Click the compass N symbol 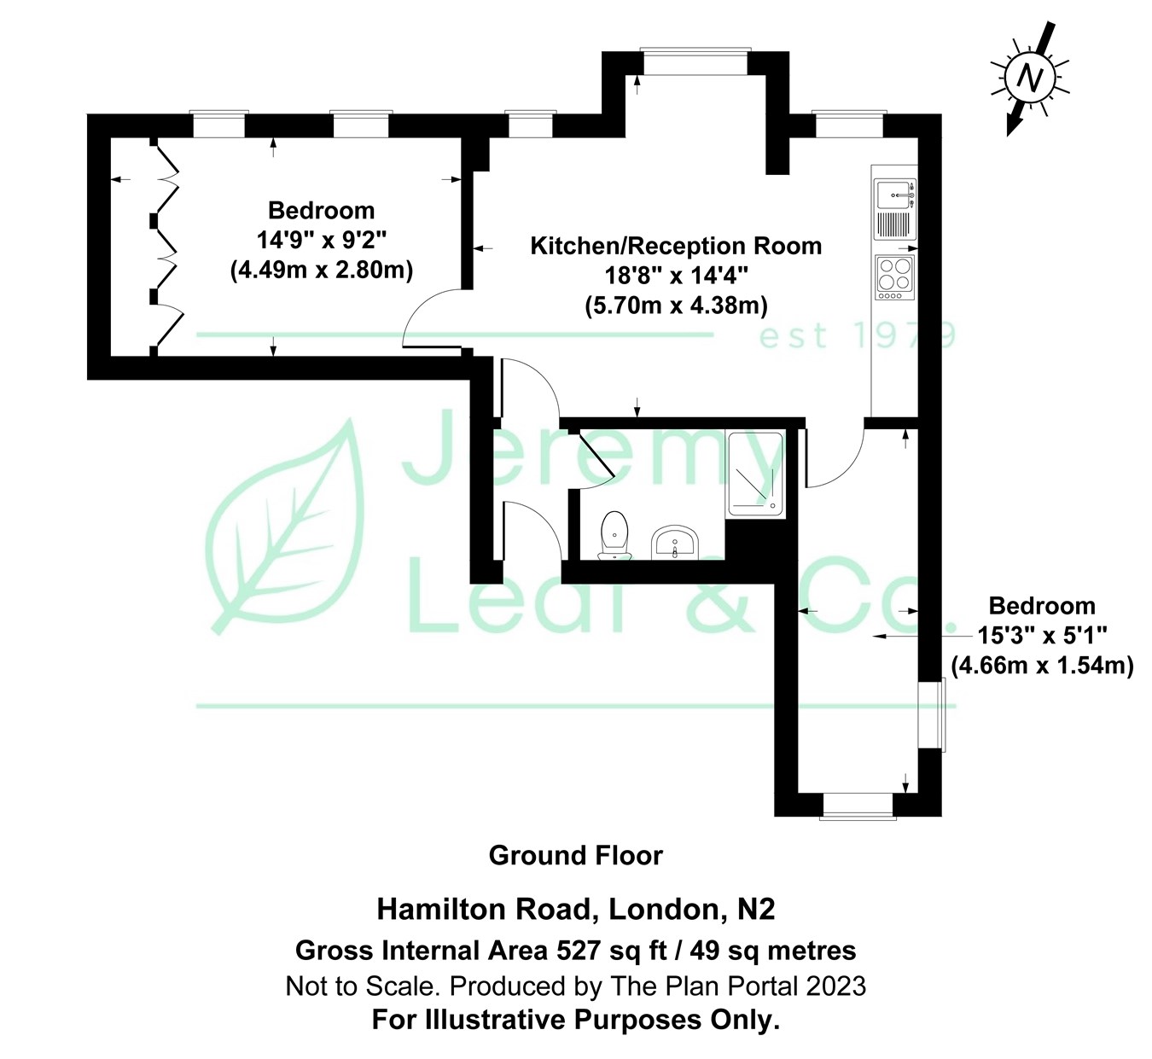pos(1030,79)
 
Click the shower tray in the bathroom pos(754,474)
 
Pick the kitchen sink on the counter pos(894,196)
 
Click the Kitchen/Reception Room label pos(676,246)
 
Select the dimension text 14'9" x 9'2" pos(321,240)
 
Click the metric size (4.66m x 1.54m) pos(1042,666)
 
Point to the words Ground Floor pos(575,855)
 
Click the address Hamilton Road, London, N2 pos(575,909)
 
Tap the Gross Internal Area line pos(575,950)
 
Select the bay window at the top pos(695,62)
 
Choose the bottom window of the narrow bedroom pos(858,806)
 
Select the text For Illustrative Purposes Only pos(575,1020)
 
